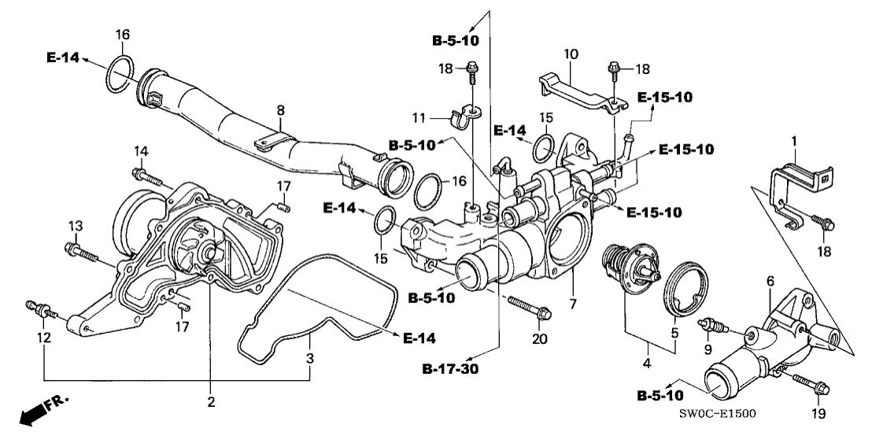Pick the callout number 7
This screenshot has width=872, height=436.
(572, 302)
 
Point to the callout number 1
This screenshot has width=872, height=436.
(795, 142)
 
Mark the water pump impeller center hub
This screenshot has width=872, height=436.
(205, 254)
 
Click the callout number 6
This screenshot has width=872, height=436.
(770, 281)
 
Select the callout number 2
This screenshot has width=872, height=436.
(210, 402)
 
